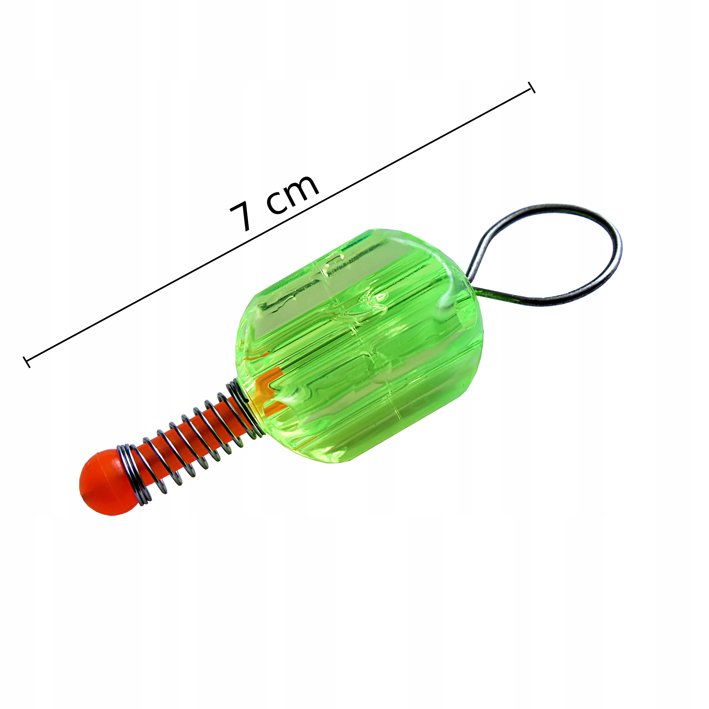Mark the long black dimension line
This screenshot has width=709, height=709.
(x=279, y=225)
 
